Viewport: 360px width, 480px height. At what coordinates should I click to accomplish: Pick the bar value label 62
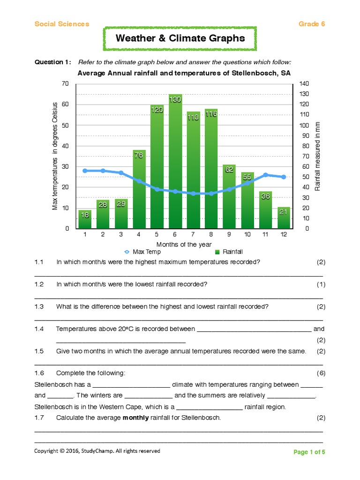[x=229, y=170]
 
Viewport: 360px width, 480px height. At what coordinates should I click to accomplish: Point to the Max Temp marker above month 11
[x=265, y=175]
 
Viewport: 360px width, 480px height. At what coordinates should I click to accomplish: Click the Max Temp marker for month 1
[x=85, y=171]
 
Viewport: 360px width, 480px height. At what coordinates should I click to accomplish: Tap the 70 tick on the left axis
[x=65, y=83]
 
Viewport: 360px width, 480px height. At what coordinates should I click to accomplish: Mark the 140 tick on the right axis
[x=304, y=83]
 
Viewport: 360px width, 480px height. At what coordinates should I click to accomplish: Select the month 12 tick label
[x=283, y=234]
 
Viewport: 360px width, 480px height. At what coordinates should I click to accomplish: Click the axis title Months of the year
[x=184, y=244]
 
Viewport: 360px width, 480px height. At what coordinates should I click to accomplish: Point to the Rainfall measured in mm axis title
[x=317, y=156]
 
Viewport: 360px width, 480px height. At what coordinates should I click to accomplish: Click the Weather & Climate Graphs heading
[x=180, y=38]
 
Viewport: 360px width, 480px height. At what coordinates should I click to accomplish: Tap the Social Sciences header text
[x=61, y=24]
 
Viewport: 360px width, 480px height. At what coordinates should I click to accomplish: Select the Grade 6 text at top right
[x=312, y=24]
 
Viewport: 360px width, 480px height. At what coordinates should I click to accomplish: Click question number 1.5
[x=39, y=351]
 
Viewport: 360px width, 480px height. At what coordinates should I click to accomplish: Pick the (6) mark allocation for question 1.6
[x=321, y=373]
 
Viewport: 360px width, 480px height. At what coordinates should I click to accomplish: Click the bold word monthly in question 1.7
[x=135, y=418]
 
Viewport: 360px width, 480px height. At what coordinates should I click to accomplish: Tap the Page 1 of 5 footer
[x=309, y=452]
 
